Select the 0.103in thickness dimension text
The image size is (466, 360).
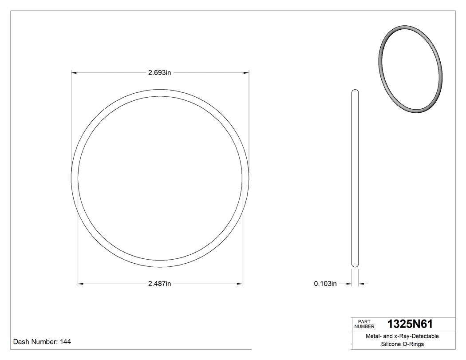pos(325,284)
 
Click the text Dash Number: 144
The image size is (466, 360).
pos(42,342)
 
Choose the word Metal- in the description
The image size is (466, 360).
pos(373,336)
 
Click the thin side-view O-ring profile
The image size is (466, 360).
pos(355,178)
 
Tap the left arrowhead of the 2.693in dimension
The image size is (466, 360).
pos(74,73)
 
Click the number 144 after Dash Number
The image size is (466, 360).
pos(65,342)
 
